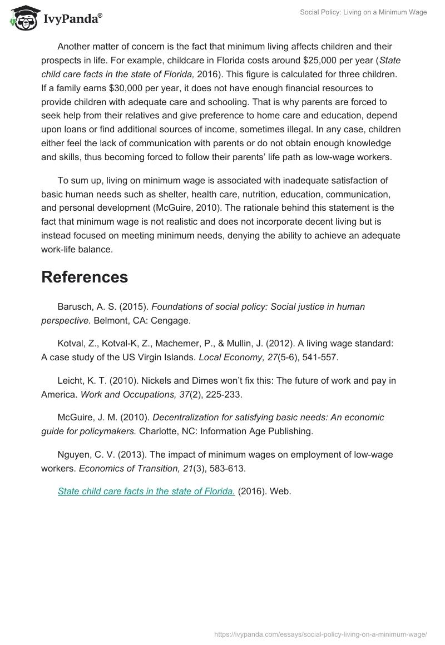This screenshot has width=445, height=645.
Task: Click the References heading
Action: click(x=85, y=277)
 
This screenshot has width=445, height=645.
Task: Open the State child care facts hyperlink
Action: click(x=146, y=492)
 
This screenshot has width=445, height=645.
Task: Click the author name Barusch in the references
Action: click(x=74, y=306)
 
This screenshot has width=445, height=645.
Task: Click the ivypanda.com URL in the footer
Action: click(x=320, y=634)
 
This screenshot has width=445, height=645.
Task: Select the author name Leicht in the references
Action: click(x=71, y=380)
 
